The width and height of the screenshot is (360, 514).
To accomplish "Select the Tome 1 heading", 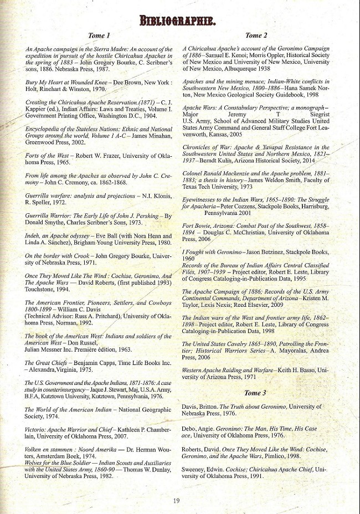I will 100,36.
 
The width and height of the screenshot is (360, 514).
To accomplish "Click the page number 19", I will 176,501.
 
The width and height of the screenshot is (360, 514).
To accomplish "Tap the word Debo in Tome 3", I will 190,428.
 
